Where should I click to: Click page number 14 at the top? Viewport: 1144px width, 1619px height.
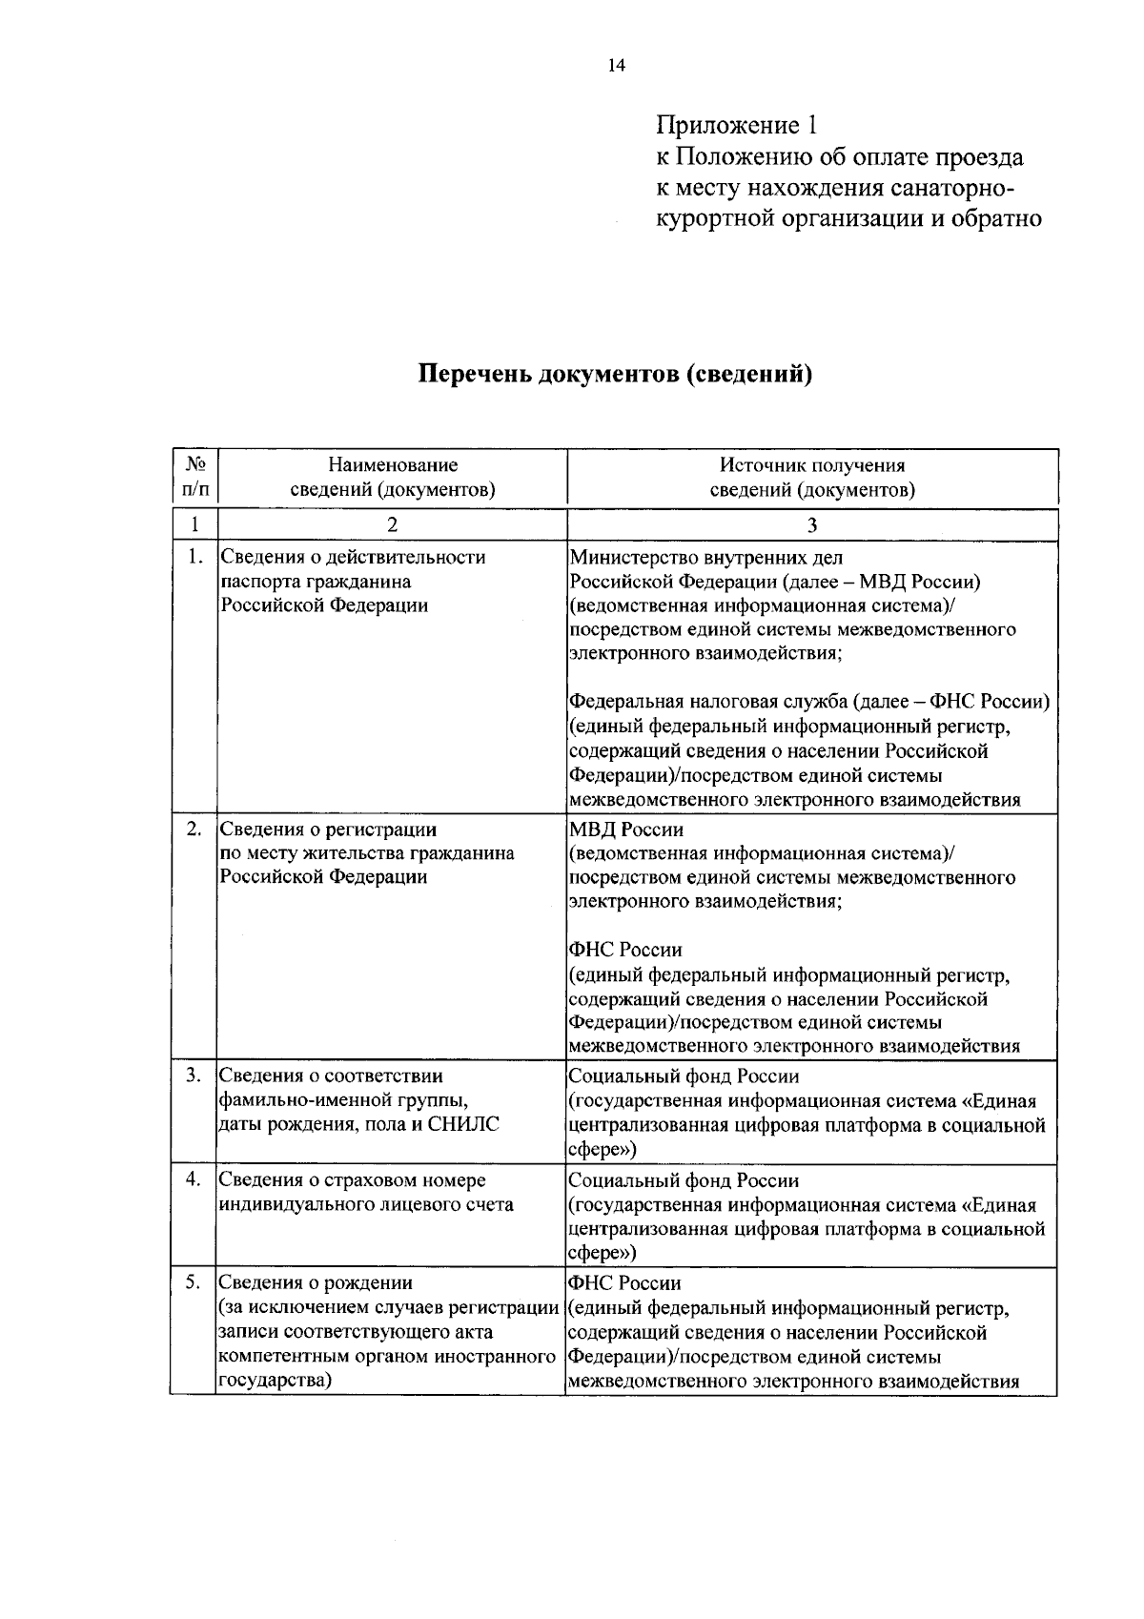(x=616, y=66)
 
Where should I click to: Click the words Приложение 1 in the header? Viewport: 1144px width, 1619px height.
(x=736, y=125)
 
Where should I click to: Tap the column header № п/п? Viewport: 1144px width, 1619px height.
(x=195, y=477)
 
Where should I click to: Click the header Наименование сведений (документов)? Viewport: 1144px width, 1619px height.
(x=393, y=477)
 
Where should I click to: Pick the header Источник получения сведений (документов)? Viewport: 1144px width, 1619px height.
(x=812, y=477)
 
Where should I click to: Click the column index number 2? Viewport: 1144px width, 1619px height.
(x=393, y=524)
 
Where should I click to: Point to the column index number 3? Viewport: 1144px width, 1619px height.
(x=812, y=524)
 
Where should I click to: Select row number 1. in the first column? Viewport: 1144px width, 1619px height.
(x=194, y=557)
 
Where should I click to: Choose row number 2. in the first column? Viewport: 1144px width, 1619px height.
(x=194, y=830)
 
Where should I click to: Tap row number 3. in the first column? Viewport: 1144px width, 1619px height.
(x=194, y=1076)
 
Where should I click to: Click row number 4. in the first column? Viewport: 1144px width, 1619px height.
(x=194, y=1179)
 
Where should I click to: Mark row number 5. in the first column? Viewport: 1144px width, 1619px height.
(x=194, y=1282)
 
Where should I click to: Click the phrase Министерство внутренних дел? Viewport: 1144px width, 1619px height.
(x=705, y=557)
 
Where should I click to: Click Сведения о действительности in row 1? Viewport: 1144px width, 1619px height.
(x=353, y=557)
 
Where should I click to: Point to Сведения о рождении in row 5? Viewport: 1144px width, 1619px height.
(x=317, y=1283)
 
